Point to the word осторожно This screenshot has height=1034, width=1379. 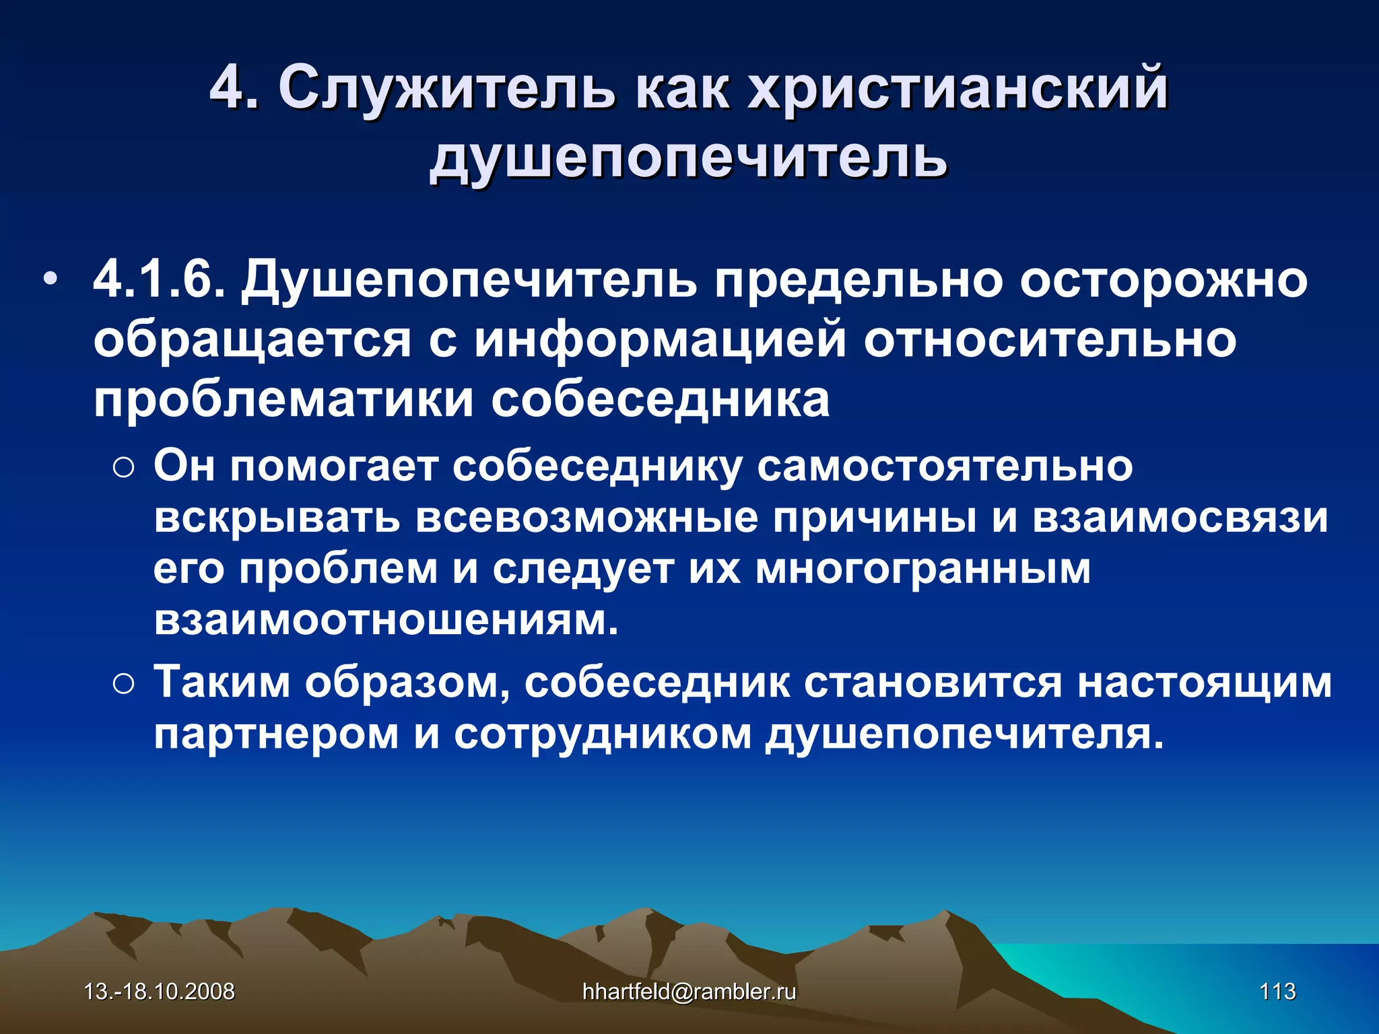[1163, 279]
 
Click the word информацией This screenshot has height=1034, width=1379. [660, 339]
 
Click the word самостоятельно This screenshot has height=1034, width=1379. [945, 466]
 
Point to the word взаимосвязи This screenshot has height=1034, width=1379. [1180, 518]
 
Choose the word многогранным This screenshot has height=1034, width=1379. [922, 570]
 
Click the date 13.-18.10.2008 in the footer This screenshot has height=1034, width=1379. [159, 992]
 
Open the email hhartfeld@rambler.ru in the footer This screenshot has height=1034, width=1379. [689, 992]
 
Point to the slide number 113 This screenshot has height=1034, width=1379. [1277, 992]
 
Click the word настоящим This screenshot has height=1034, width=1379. [1204, 683]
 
